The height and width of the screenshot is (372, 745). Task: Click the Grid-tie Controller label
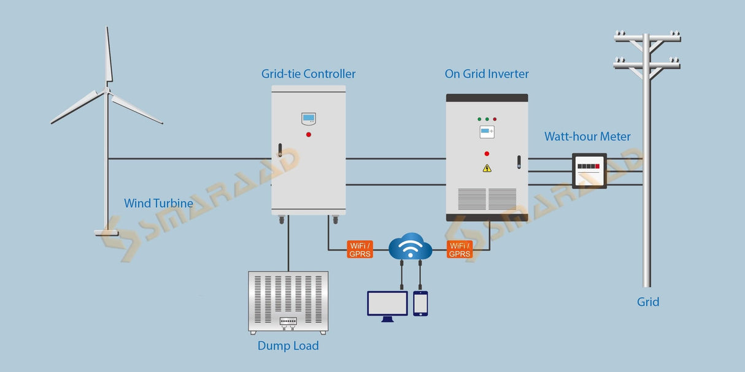click(308, 74)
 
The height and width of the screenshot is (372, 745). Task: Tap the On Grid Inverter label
click(487, 74)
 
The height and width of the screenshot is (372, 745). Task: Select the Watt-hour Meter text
click(587, 137)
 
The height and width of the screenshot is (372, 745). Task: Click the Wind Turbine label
click(158, 203)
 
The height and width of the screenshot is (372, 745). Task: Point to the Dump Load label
click(288, 346)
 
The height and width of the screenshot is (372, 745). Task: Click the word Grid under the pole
click(648, 302)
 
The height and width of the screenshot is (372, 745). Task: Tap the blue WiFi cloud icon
click(411, 246)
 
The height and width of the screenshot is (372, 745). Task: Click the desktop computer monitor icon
click(387, 305)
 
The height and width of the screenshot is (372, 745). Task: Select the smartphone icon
click(420, 303)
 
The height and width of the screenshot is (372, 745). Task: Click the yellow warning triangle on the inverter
click(487, 168)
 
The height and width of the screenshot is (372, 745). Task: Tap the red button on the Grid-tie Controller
click(309, 134)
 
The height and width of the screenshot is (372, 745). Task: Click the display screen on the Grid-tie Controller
click(308, 118)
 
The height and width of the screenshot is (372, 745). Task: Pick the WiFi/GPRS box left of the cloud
click(360, 249)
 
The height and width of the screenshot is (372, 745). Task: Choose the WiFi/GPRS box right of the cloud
click(459, 249)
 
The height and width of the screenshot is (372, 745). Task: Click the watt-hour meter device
click(589, 170)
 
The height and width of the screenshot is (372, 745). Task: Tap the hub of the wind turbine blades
click(107, 90)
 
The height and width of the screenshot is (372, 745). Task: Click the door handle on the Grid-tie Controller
click(280, 151)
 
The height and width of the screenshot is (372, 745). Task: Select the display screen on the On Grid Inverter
click(487, 132)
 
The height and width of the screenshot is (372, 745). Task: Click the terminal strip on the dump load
click(288, 321)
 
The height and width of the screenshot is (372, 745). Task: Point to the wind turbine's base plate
click(106, 233)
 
